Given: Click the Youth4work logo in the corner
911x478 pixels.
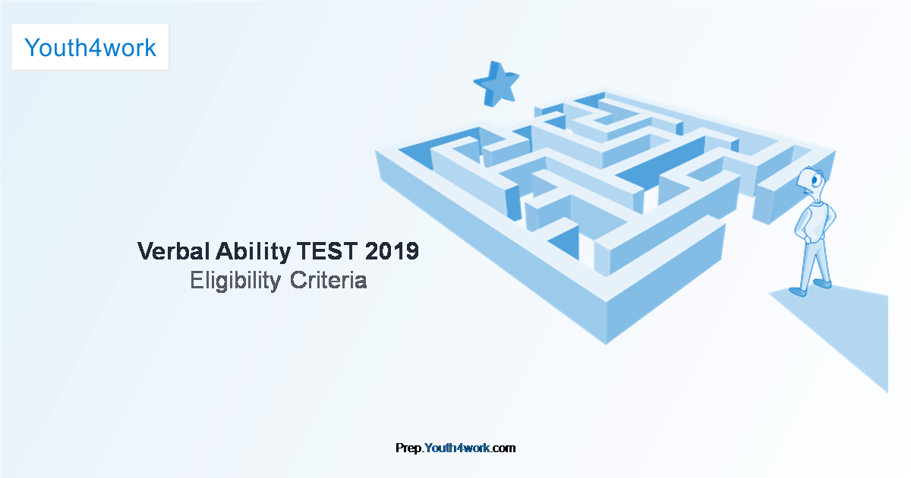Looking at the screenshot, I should (x=90, y=48).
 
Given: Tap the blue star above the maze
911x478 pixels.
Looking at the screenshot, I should (x=496, y=82).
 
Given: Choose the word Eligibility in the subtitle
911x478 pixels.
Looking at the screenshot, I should (x=235, y=281).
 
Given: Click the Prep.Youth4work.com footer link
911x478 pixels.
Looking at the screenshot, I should (x=455, y=448).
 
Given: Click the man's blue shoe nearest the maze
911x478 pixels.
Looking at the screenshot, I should (x=797, y=291).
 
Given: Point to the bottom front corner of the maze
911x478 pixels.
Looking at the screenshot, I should (x=606, y=341).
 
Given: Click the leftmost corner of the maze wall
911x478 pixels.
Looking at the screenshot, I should (x=377, y=152).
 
